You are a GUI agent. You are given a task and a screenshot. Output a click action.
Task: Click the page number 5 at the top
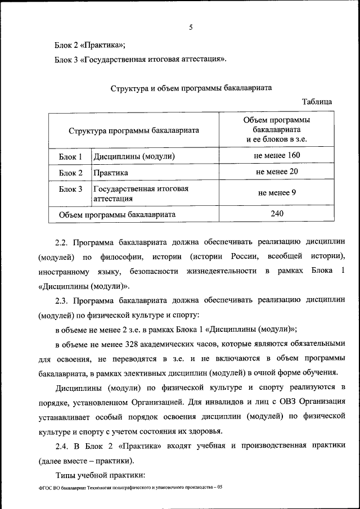(x=191, y=26)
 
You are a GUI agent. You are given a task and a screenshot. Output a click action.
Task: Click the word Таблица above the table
(x=317, y=102)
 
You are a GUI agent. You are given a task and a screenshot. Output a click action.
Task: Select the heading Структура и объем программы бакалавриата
(x=191, y=88)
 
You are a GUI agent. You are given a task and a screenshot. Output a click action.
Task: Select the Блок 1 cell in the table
(x=71, y=156)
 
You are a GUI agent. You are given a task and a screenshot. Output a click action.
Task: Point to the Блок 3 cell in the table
(x=71, y=189)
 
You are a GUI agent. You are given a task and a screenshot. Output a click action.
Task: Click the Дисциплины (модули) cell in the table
(x=134, y=156)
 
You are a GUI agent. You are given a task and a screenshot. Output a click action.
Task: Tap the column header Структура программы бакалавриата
(x=134, y=130)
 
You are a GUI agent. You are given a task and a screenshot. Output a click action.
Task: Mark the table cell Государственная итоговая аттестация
(x=140, y=193)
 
